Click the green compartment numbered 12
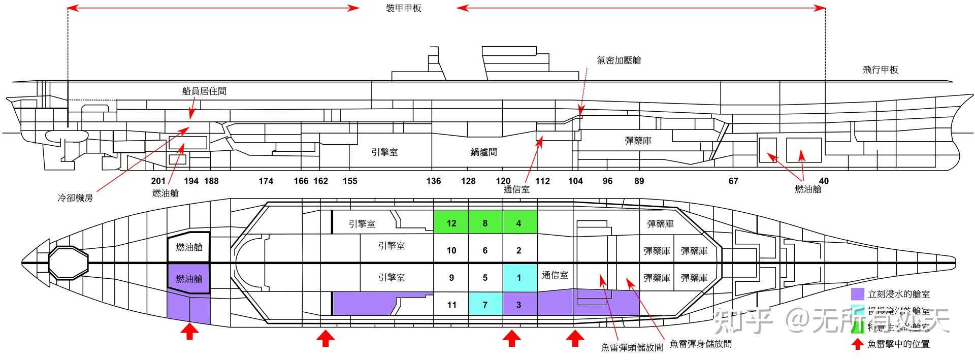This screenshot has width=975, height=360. [451, 223]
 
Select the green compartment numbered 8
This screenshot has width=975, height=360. [485, 223]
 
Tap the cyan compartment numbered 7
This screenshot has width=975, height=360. [485, 305]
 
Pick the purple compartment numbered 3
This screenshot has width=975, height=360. [518, 305]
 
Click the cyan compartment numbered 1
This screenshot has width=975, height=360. [518, 278]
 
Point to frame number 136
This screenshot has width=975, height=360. [433, 181]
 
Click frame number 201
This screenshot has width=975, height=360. [158, 181]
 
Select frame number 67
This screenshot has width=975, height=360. [733, 181]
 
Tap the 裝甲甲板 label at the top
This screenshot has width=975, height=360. [404, 8]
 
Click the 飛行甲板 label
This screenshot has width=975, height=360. [880, 70]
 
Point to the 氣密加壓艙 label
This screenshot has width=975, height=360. [619, 60]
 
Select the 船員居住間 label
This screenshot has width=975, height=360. [204, 91]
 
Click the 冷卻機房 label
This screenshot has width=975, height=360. [75, 198]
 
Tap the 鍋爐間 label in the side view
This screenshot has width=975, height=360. [483, 152]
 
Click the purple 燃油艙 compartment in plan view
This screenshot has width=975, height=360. [189, 278]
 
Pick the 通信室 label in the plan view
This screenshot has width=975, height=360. [555, 275]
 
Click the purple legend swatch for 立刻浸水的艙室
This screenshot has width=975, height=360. [857, 294]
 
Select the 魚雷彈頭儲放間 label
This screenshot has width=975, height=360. [632, 347]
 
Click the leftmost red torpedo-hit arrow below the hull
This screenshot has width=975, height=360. [189, 333]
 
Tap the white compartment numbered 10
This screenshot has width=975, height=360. [451, 250]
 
